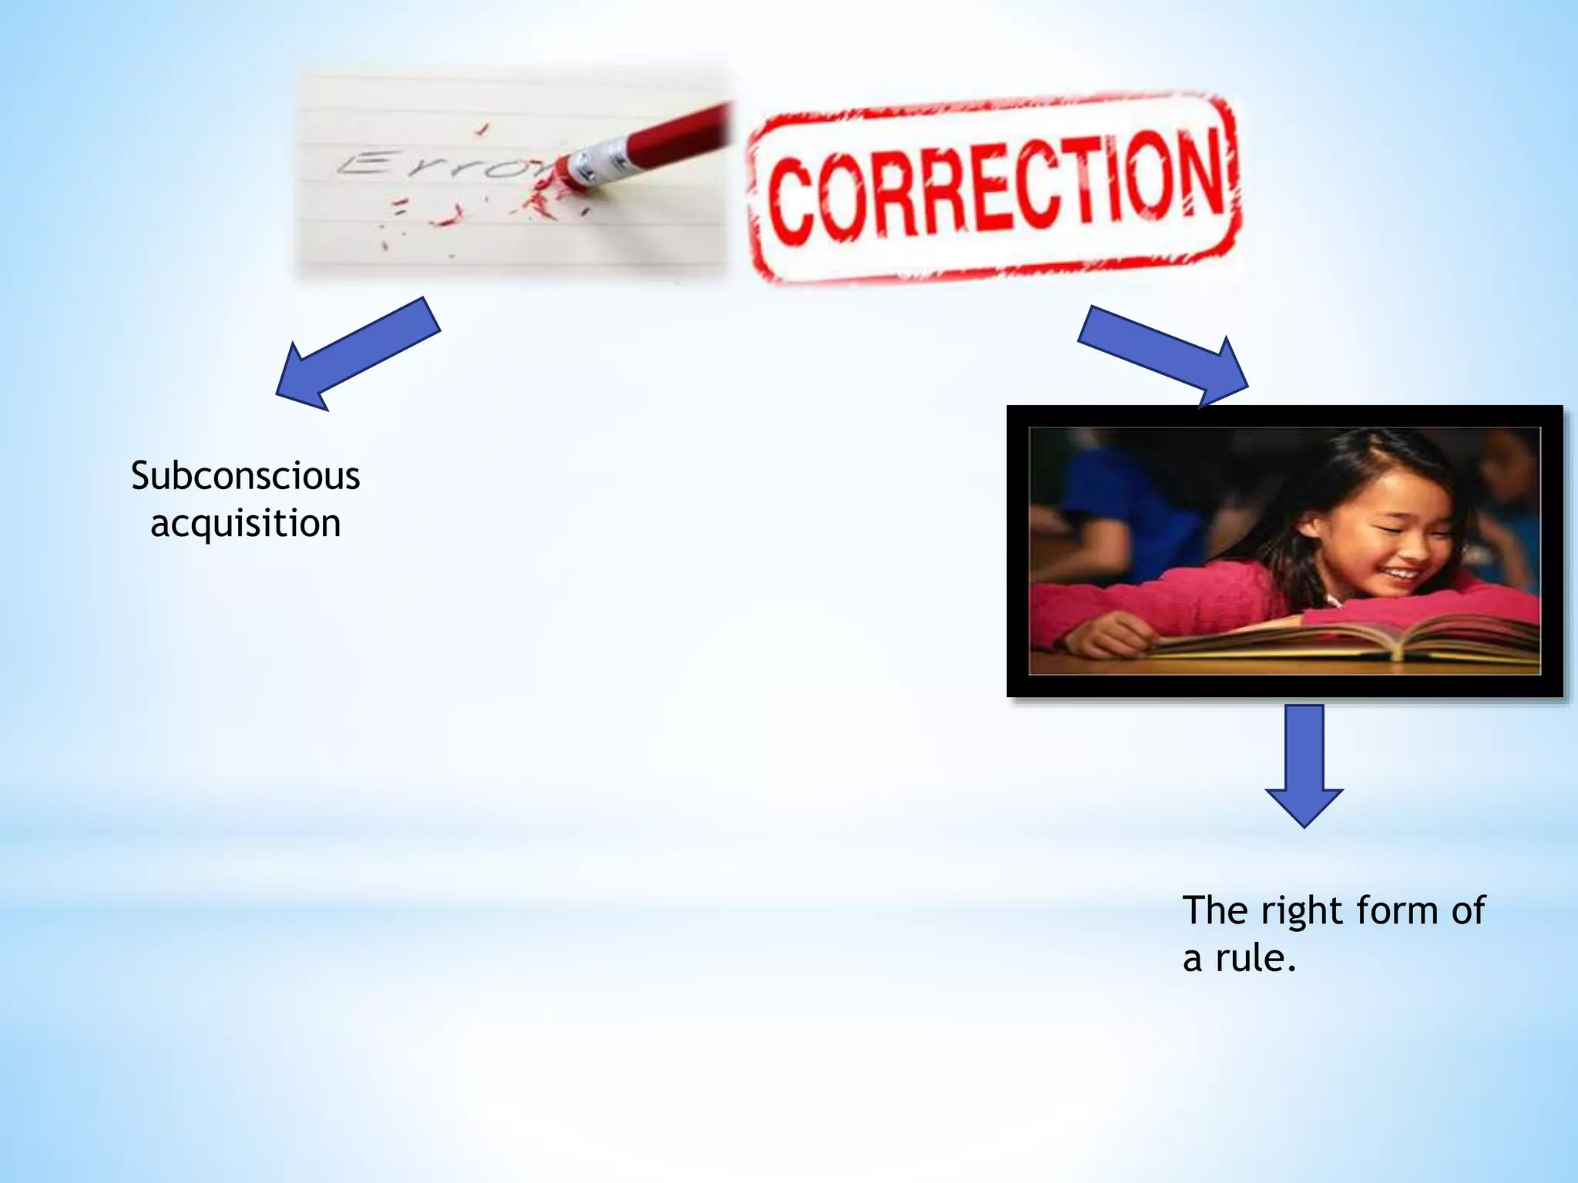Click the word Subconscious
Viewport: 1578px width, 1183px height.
pyautogui.click(x=245, y=476)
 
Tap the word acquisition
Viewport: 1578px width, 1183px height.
pyautogui.click(x=245, y=524)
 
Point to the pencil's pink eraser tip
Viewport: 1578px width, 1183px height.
pyautogui.click(x=570, y=171)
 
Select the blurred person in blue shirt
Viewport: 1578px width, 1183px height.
pyautogui.click(x=1110, y=501)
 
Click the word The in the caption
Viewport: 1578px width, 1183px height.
pyautogui.click(x=1214, y=910)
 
